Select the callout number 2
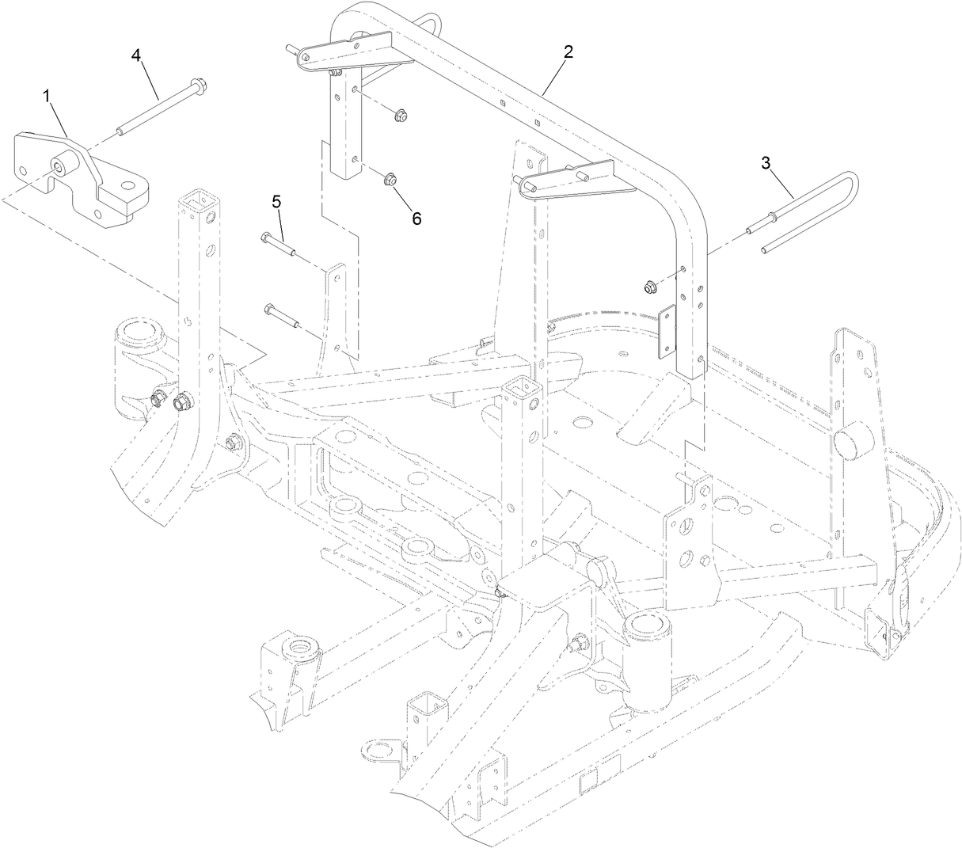point(568,52)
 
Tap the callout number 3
point(765,162)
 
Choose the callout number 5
point(276,202)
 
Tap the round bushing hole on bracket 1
point(61,167)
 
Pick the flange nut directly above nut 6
point(401,117)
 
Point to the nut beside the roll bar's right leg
point(648,286)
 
